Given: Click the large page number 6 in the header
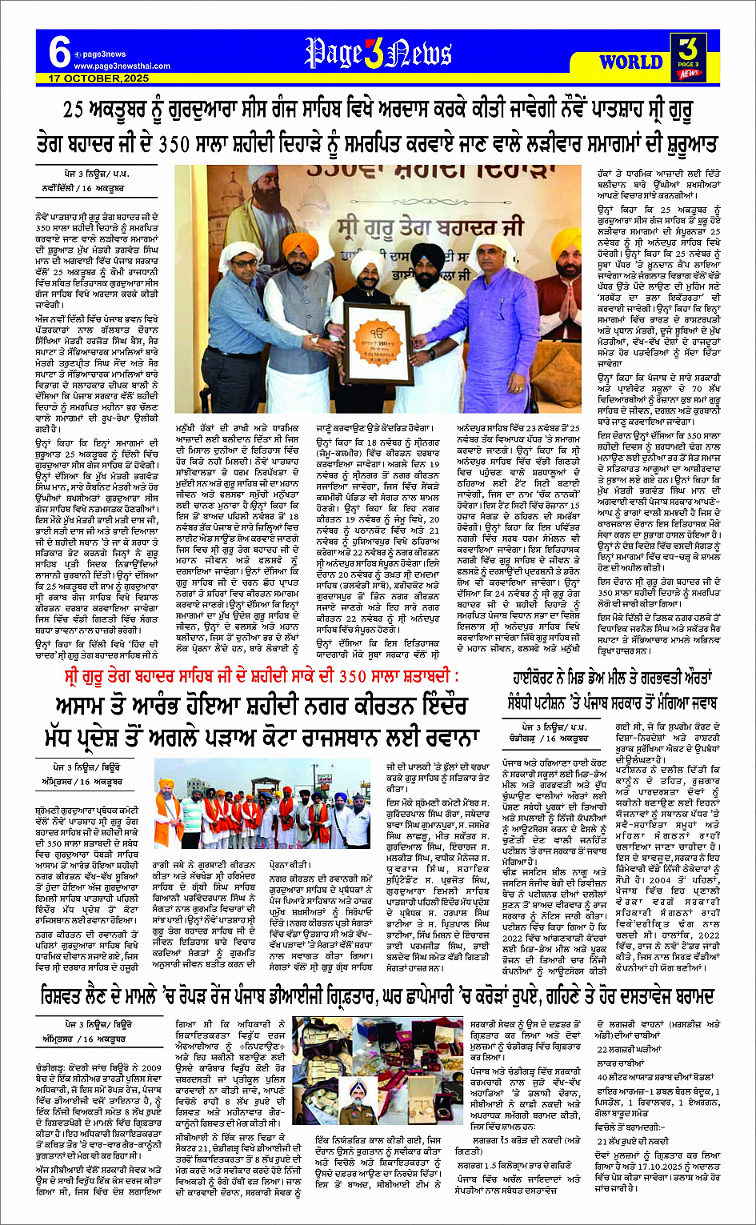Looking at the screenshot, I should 59,52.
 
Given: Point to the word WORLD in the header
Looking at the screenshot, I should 630,62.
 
